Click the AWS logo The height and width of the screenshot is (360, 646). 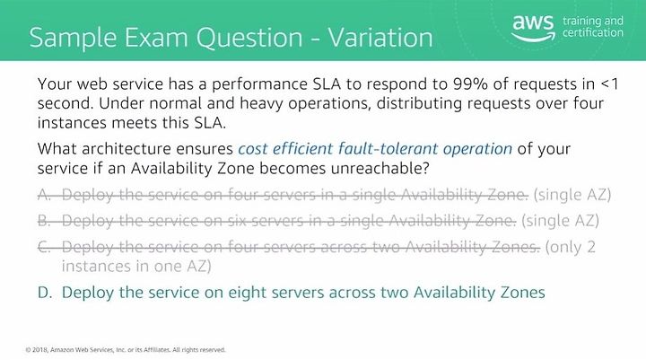(533, 28)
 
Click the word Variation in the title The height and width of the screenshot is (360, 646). (380, 37)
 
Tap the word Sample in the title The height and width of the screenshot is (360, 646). (74, 38)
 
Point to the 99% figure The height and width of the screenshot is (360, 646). (469, 83)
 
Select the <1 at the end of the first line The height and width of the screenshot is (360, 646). (609, 83)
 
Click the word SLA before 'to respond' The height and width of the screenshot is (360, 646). (327, 83)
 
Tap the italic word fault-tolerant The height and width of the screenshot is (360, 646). (388, 148)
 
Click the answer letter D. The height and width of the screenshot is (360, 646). (45, 293)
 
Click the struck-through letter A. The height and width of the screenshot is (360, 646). (45, 194)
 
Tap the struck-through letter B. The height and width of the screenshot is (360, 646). (44, 221)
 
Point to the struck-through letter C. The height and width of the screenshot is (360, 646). (44, 247)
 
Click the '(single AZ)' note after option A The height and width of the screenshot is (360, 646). (572, 195)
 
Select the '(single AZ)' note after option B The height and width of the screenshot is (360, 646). (560, 221)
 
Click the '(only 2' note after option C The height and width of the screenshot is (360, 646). (571, 248)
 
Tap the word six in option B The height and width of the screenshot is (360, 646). (237, 221)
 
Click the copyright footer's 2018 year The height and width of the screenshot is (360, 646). (40, 350)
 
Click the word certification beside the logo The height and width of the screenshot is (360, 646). (593, 32)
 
